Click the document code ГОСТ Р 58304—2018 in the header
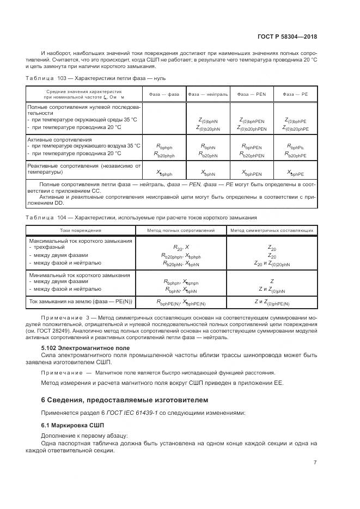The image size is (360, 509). pos(287,36)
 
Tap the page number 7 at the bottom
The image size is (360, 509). pos(315,463)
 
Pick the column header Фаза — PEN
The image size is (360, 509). pos(251,94)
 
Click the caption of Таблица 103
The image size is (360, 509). pos(91,79)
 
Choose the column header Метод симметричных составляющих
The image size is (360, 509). pos(271,230)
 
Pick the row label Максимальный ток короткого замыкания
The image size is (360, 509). pos(80,241)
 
